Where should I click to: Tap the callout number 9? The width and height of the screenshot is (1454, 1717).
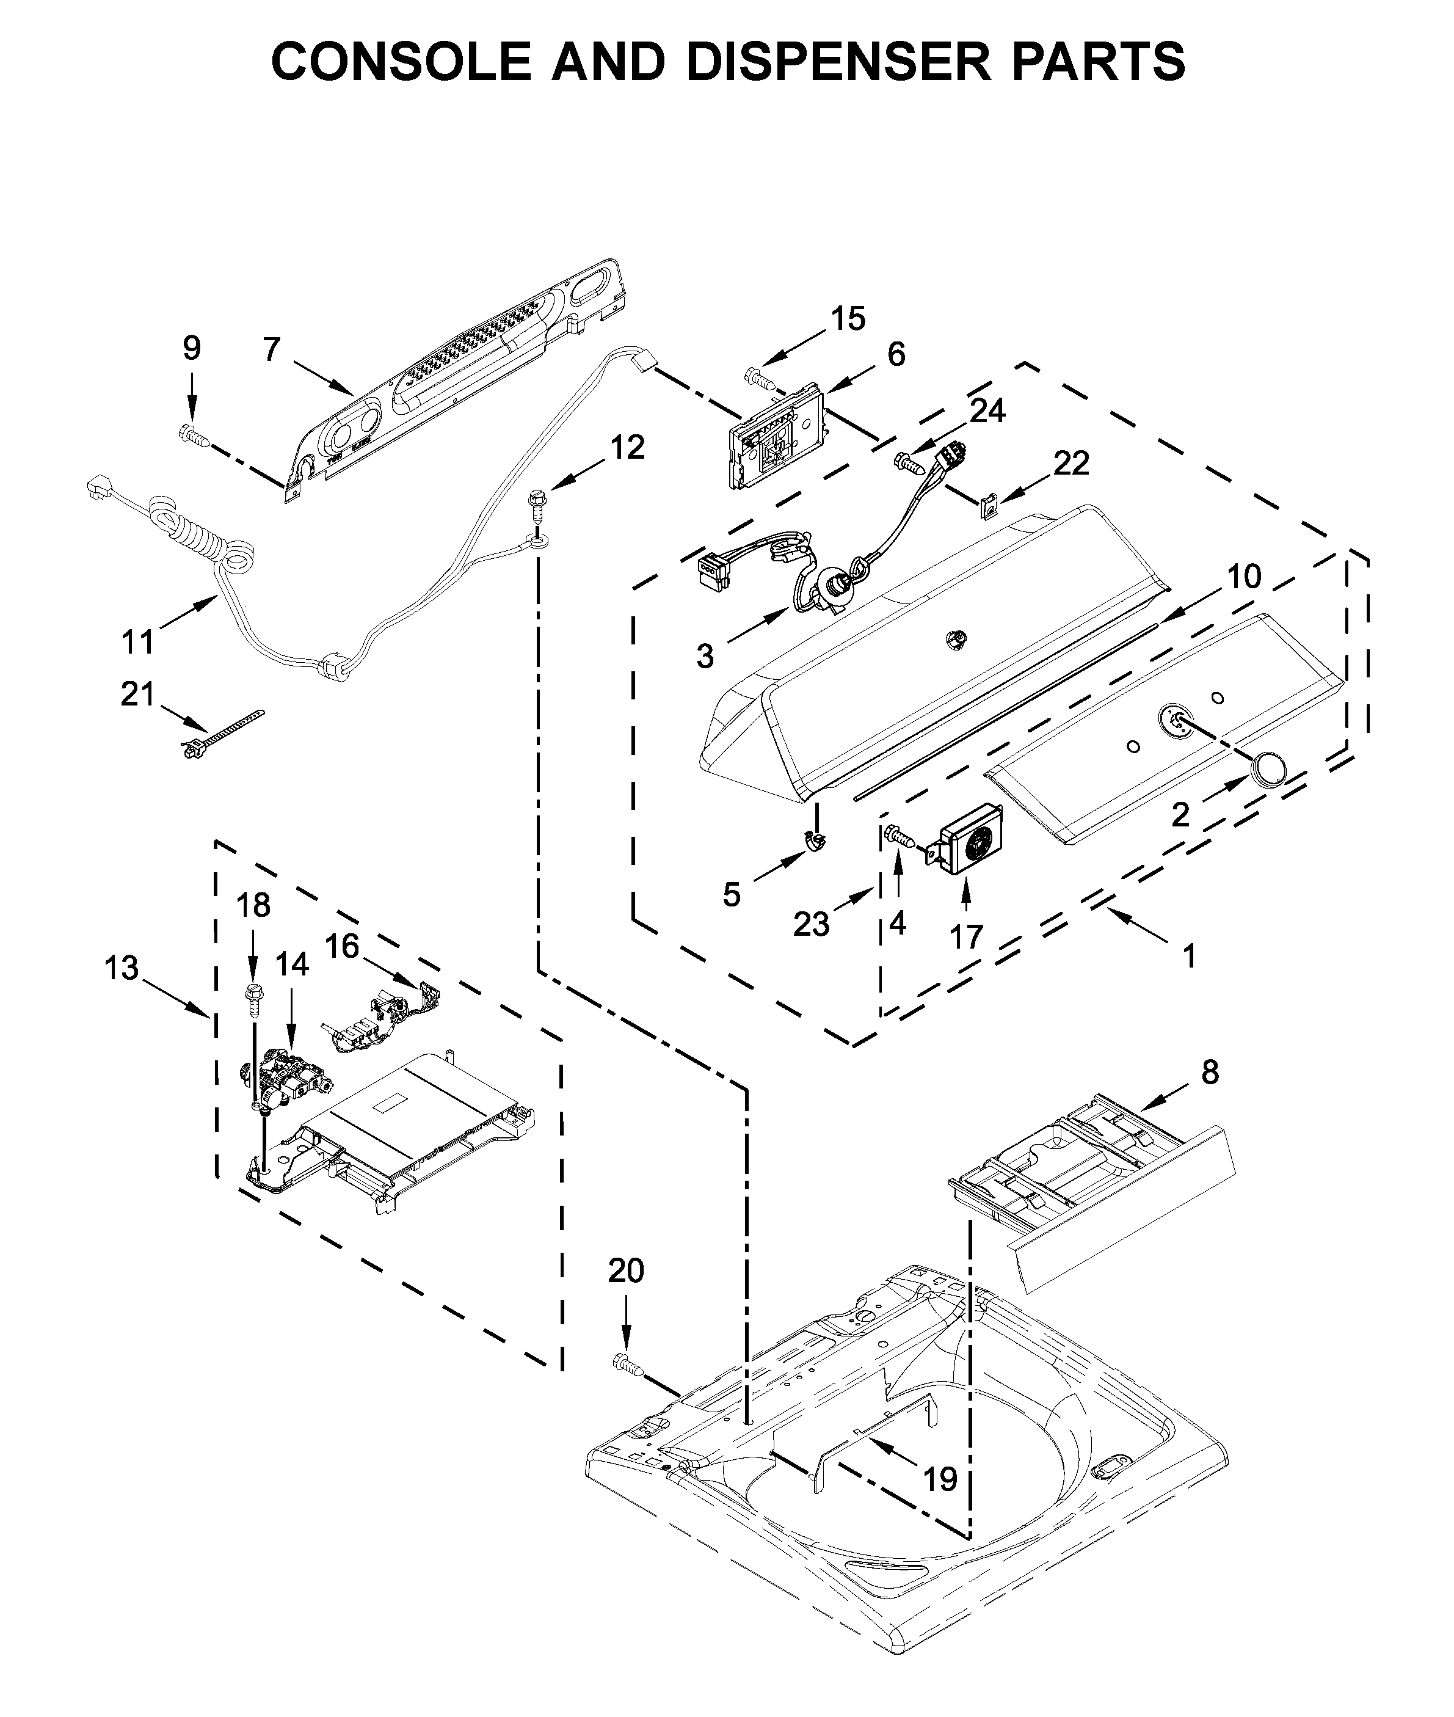191,349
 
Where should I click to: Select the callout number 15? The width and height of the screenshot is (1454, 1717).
848,318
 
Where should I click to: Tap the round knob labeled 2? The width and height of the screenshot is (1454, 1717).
1268,770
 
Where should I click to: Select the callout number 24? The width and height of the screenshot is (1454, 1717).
987,410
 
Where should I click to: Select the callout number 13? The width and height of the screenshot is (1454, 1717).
121,968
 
